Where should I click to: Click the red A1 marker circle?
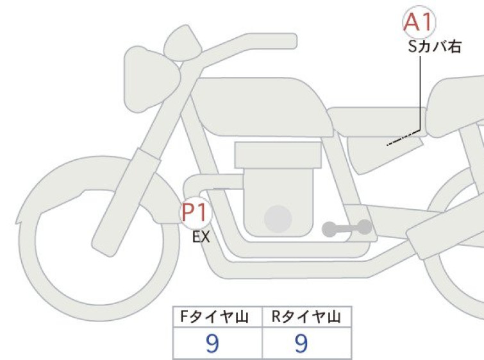419,22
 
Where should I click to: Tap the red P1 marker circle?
194,212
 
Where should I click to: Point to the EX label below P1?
201,237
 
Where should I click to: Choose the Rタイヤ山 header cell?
306,316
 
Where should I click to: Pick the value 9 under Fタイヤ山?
212,344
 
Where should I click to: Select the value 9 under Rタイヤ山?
301,344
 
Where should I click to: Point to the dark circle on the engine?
277,219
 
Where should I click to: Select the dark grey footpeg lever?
346,227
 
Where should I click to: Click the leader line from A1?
420,96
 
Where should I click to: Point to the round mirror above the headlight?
179,44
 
